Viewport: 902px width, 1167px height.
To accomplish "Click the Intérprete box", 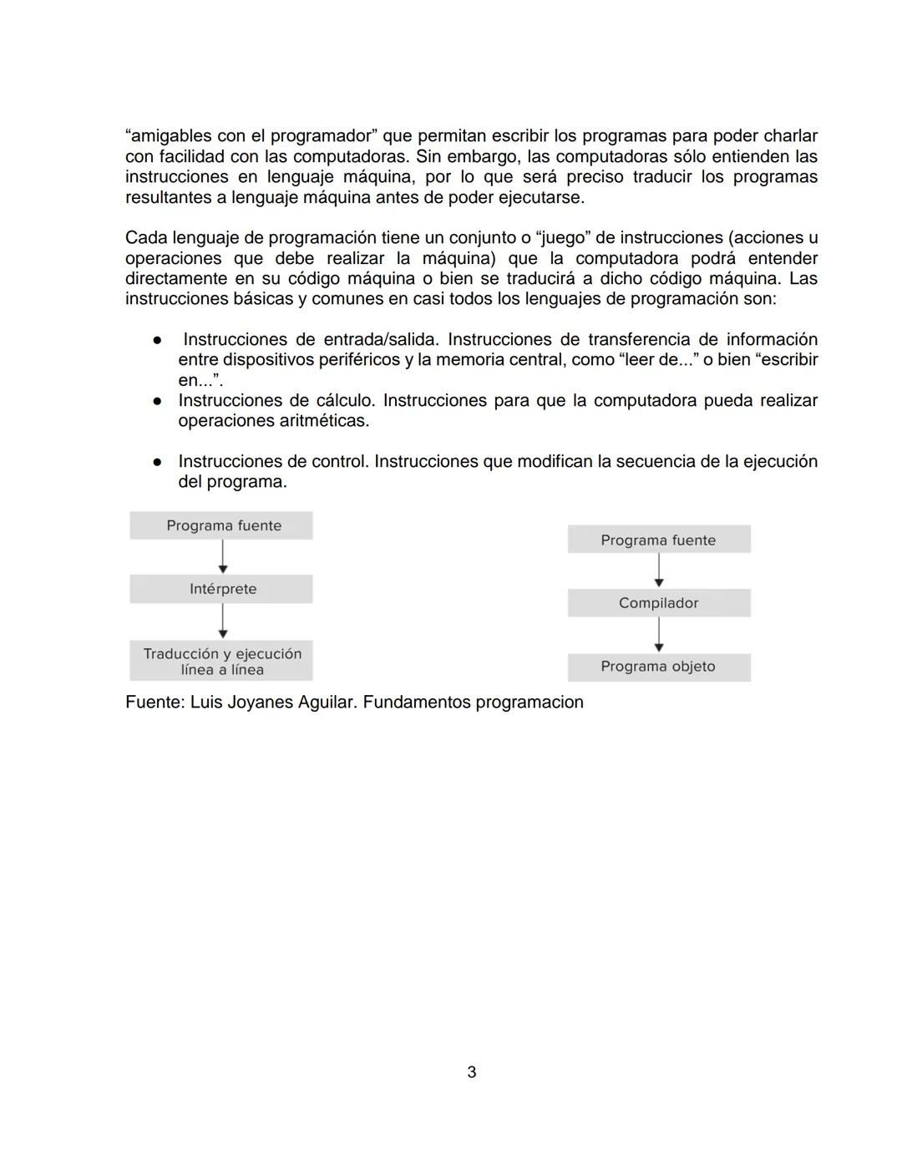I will pyautogui.click(x=221, y=589).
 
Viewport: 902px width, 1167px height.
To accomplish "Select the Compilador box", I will pyautogui.click(x=659, y=603).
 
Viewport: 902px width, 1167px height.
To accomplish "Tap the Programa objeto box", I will pyautogui.click(x=659, y=667).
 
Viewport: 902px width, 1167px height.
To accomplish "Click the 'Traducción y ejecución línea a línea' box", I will pyautogui.click(x=221, y=661).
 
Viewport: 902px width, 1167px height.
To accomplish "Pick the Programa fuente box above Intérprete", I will pyautogui.click(x=221, y=525).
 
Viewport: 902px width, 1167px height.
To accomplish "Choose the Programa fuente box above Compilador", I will pyautogui.click(x=659, y=540).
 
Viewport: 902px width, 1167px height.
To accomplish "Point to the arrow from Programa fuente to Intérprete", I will pyautogui.click(x=222, y=556).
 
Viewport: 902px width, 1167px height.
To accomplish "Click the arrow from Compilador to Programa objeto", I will pyautogui.click(x=659, y=635).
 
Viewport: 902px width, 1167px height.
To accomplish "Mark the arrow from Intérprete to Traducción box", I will pyautogui.click(x=222, y=622).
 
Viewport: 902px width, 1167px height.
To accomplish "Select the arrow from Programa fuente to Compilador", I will pyautogui.click(x=659, y=571).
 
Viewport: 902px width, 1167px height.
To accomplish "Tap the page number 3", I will pyautogui.click(x=471, y=1072).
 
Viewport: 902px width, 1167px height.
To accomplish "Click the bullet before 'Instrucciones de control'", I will pyautogui.click(x=156, y=462).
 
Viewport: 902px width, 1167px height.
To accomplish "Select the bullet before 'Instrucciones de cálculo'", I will pyautogui.click(x=156, y=401).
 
